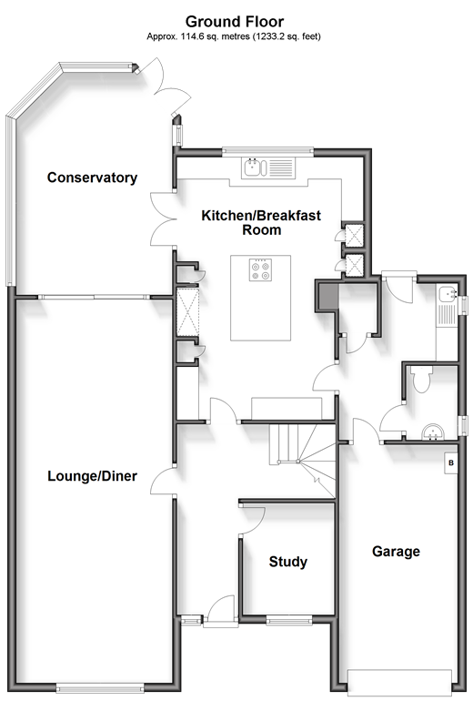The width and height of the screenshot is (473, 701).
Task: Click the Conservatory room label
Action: coord(92,178)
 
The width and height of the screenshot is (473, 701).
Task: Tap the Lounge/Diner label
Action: coord(92,475)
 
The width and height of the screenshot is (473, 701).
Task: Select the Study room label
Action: coord(288,562)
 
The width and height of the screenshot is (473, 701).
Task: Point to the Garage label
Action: coord(396,552)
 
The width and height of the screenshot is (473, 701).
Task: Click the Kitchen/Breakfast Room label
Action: coord(261,223)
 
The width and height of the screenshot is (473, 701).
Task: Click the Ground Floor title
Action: coord(235,22)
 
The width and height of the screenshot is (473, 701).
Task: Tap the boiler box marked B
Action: coord(450,462)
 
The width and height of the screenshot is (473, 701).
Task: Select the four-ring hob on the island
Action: coord(261,270)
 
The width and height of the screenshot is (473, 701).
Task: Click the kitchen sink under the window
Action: coord(268,168)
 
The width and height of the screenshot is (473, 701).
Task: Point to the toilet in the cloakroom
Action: coord(421,379)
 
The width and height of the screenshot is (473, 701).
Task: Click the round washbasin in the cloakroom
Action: coord(432,432)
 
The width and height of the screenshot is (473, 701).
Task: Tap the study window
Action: coord(289,619)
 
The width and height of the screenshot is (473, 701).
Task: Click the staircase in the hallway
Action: coord(302,461)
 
